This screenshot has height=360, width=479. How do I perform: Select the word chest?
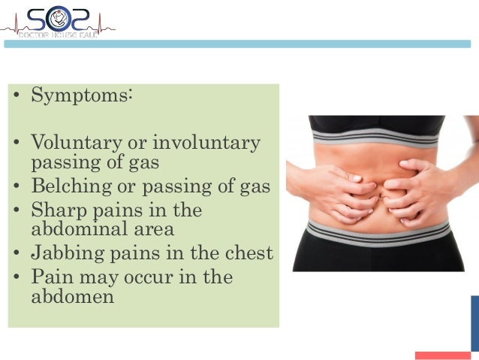click(x=247, y=253)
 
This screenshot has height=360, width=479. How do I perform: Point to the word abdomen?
click(x=72, y=296)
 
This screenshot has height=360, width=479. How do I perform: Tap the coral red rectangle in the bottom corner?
click(x=442, y=355)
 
